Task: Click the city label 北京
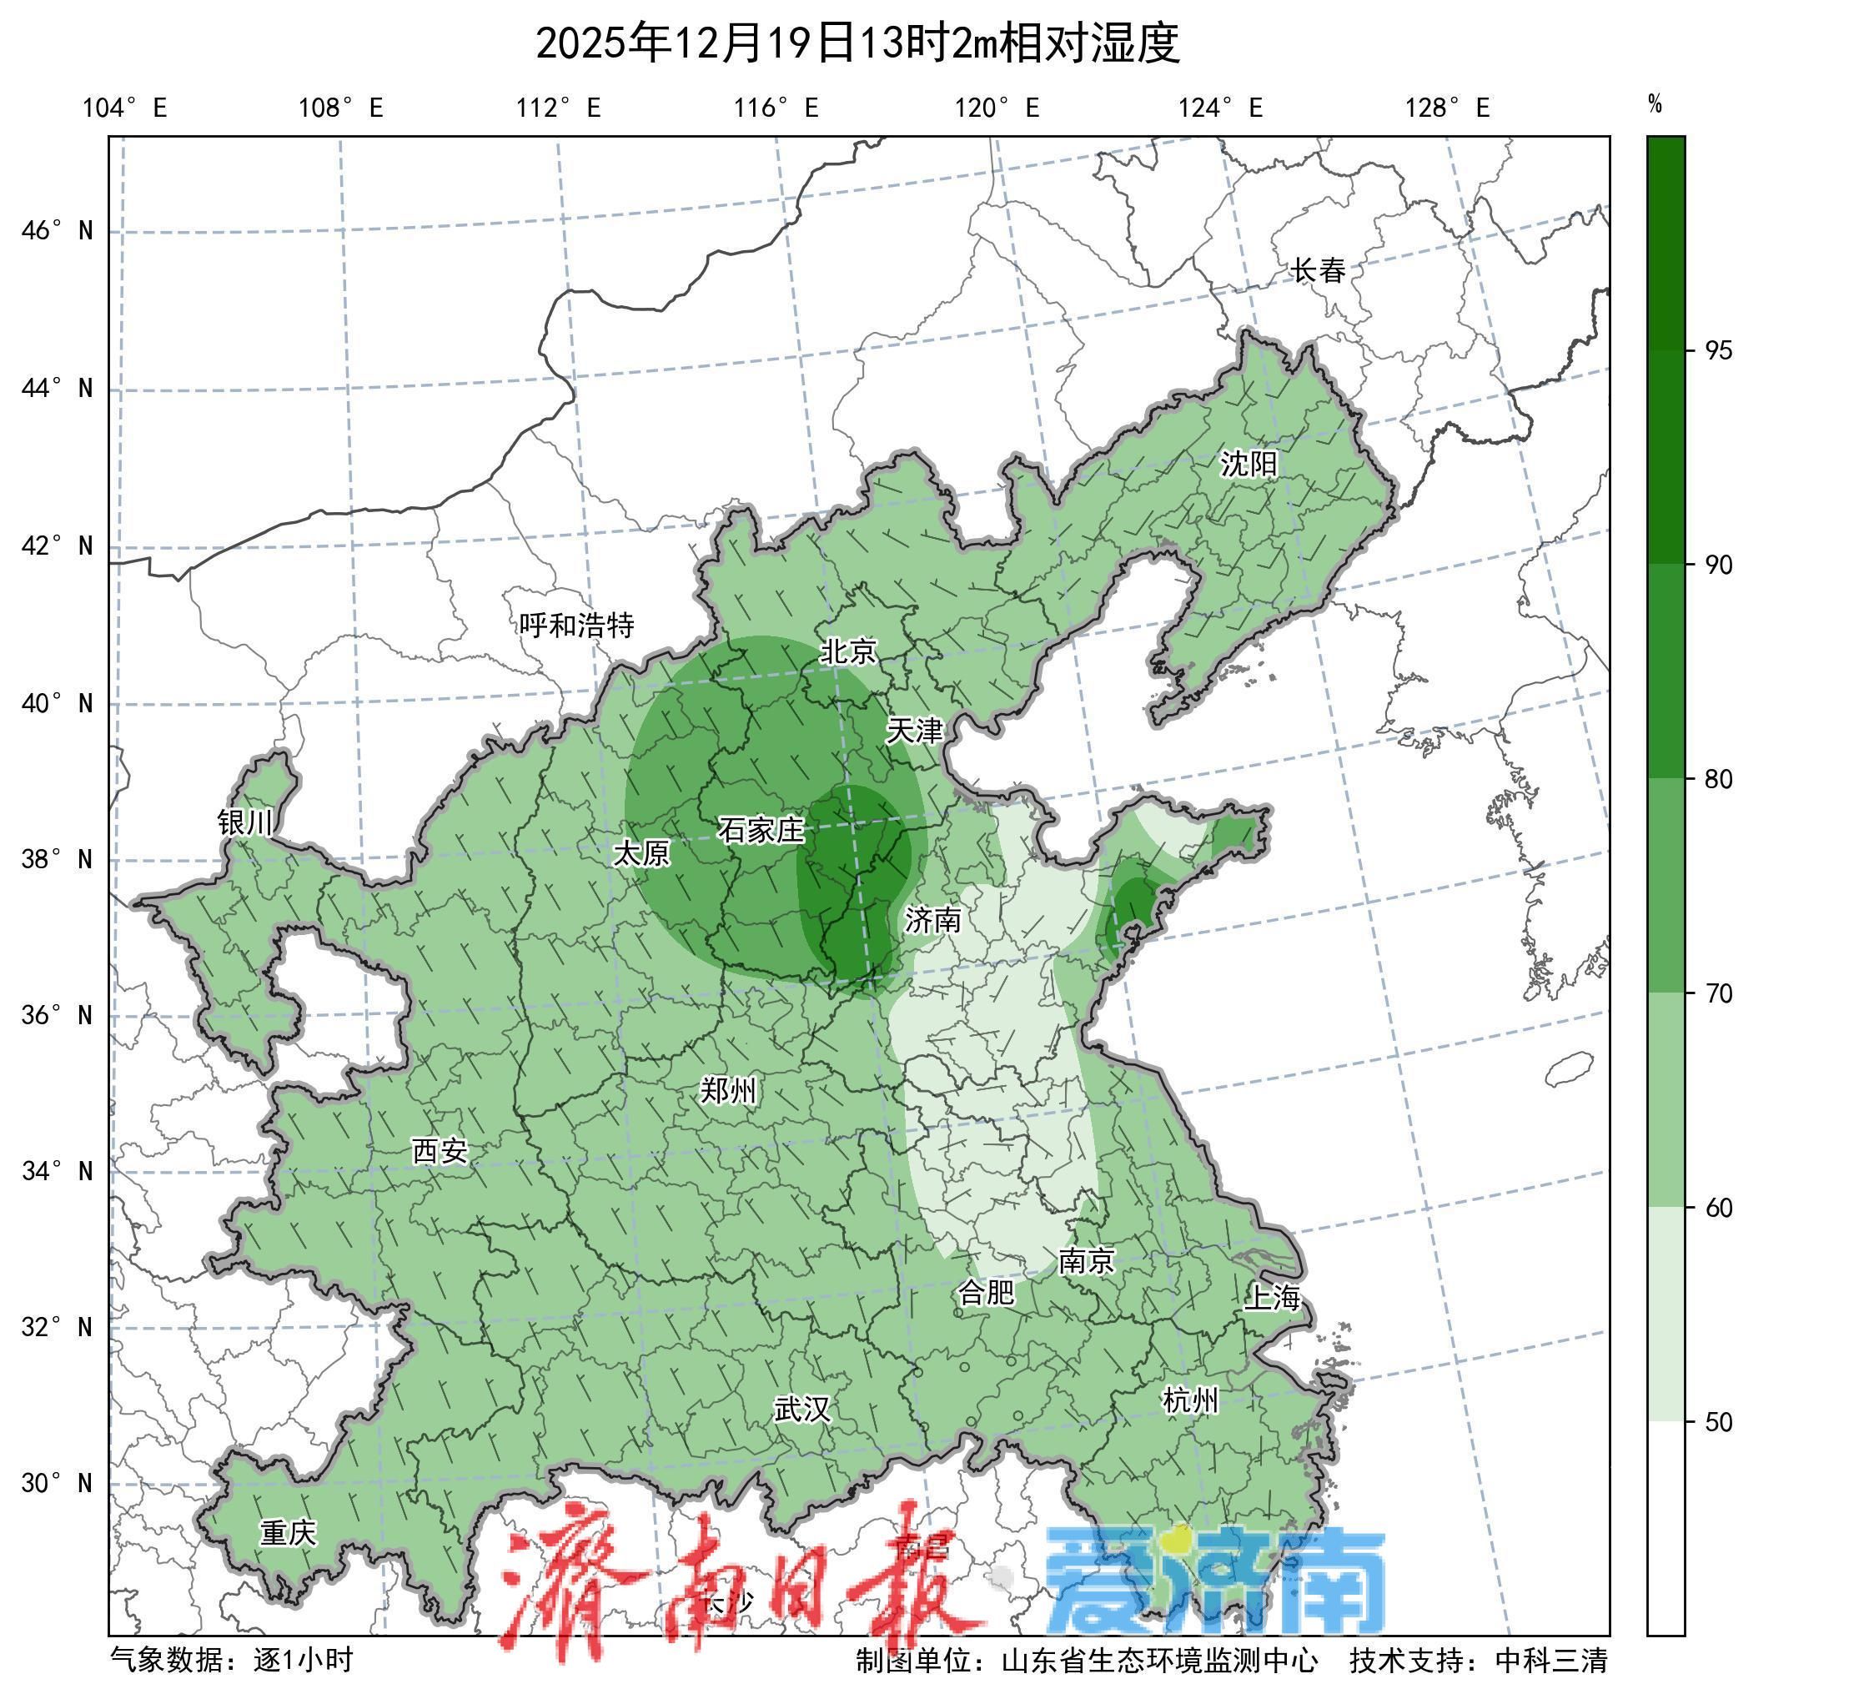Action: pyautogui.click(x=847, y=651)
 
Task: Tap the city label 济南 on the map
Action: pyautogui.click(x=932, y=921)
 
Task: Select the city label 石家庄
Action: pyautogui.click(x=760, y=829)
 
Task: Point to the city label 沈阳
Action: pyautogui.click(x=1248, y=463)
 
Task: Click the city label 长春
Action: pyautogui.click(x=1318, y=270)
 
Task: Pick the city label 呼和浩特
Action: pyautogui.click(x=576, y=625)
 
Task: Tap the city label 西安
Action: pyautogui.click(x=440, y=1151)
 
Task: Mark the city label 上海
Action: pyautogui.click(x=1272, y=1297)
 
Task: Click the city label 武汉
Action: pyautogui.click(x=801, y=1410)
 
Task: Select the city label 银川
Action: pyautogui.click(x=245, y=822)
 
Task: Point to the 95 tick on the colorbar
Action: pyautogui.click(x=1718, y=350)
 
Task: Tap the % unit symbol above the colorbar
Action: pyautogui.click(x=1655, y=104)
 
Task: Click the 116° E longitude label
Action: pyautogui.click(x=776, y=108)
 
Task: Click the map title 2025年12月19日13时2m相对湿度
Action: pyautogui.click(x=857, y=43)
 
